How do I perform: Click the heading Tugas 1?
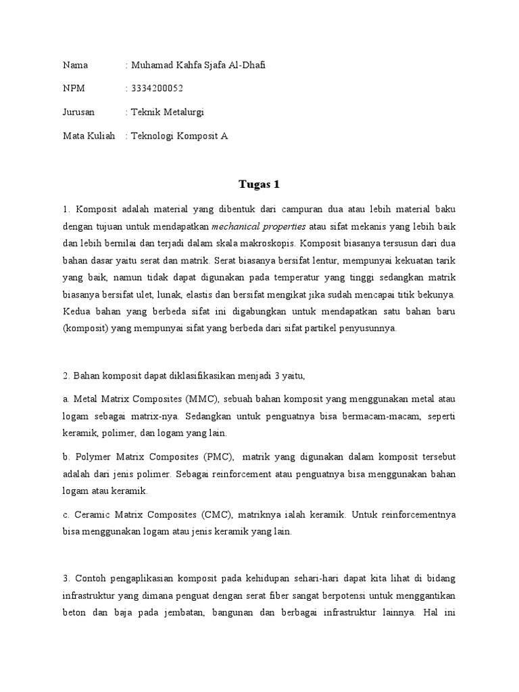coord(259,184)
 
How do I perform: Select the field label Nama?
coord(76,65)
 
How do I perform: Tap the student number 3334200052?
coord(157,89)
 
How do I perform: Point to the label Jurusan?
coord(79,112)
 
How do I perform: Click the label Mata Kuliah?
coord(89,136)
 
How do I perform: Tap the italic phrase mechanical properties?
coord(259,226)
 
